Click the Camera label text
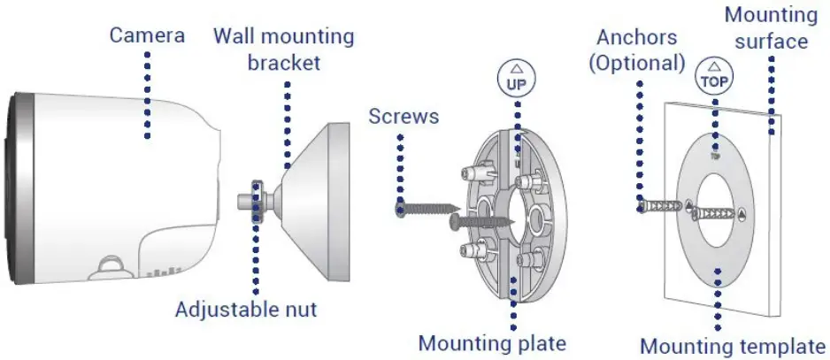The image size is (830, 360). (x=147, y=35)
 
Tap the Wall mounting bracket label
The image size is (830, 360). (x=283, y=50)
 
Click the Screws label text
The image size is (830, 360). (x=403, y=116)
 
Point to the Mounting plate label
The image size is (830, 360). (x=492, y=342)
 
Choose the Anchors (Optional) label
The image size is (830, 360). (x=641, y=50)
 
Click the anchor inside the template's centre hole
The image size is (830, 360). (x=717, y=213)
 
